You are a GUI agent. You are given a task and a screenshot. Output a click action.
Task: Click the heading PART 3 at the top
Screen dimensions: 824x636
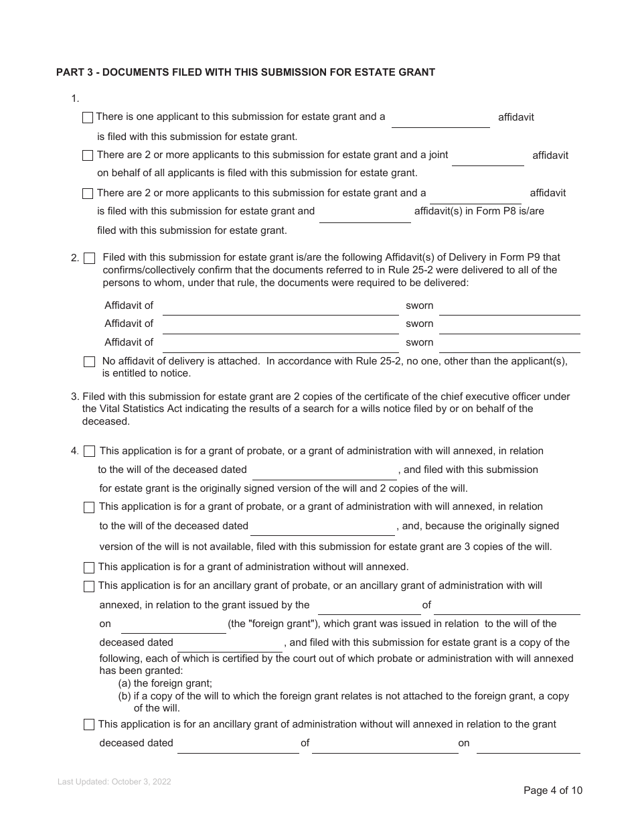click(x=245, y=72)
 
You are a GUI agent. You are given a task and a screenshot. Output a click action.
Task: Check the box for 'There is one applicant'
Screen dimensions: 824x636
click(x=88, y=118)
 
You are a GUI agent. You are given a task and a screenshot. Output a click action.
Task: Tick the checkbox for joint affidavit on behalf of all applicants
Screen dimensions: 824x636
click(x=88, y=155)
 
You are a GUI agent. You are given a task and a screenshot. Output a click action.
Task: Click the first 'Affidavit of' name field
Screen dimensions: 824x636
click(x=281, y=306)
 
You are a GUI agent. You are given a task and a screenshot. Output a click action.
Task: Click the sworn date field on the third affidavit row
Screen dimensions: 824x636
click(x=509, y=343)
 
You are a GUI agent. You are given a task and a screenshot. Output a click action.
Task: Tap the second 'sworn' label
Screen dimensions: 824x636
click(x=420, y=324)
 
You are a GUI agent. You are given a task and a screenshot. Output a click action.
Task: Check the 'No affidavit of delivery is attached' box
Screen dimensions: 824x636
click(x=90, y=362)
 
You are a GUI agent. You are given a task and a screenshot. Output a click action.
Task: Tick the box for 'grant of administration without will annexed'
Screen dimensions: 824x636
click(x=89, y=568)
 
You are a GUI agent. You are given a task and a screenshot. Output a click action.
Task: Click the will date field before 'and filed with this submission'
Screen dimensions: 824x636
click(x=325, y=471)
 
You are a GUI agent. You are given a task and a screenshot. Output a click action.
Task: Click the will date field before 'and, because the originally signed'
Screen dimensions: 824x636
click(x=323, y=527)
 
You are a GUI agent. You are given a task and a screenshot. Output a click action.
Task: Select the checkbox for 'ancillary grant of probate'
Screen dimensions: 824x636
click(x=89, y=587)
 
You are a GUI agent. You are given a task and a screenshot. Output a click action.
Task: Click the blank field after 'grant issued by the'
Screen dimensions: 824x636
click(x=369, y=606)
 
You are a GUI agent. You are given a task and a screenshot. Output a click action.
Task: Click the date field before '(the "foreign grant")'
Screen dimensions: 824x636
click(x=173, y=625)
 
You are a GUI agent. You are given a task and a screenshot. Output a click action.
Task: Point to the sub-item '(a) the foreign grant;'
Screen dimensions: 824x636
click(x=165, y=684)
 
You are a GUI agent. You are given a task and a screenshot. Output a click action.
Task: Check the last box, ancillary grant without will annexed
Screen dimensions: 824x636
click(x=89, y=725)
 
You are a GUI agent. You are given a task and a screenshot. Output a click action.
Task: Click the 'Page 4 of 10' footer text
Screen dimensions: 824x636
click(x=553, y=791)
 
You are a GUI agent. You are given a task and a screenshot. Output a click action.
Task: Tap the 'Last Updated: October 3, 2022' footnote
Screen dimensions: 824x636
click(x=114, y=782)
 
